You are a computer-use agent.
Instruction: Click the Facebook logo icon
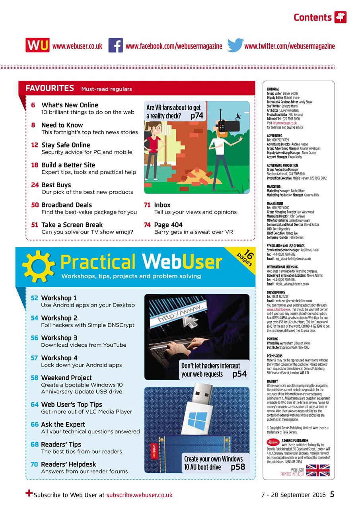[115, 46]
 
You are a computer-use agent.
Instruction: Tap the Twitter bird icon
[235, 46]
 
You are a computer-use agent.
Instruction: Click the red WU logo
[37, 46]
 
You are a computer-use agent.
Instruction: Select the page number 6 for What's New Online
[33, 105]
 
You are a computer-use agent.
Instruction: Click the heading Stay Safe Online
[66, 145]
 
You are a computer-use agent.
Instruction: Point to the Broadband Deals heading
[66, 205]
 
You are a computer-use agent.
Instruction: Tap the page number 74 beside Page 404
[147, 225]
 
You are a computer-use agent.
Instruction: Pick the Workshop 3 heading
[59, 338]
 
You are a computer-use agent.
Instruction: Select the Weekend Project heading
[66, 378]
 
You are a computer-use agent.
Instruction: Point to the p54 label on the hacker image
[239, 374]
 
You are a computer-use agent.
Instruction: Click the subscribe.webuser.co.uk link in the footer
[139, 495]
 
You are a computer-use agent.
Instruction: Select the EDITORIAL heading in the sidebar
[273, 89]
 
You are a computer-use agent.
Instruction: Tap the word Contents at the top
[312, 17]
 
